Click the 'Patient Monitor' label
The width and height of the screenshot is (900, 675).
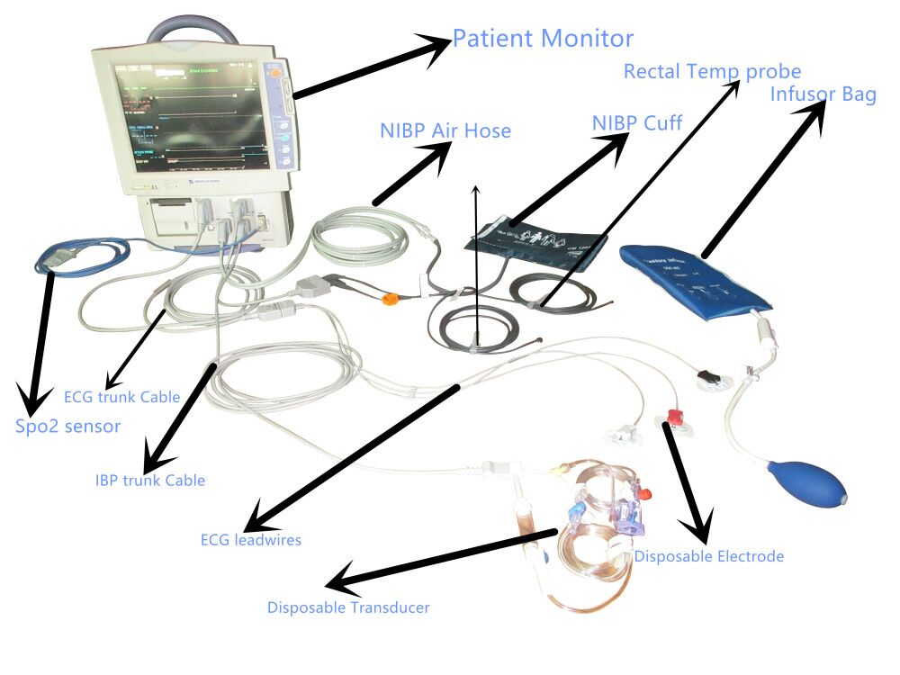tap(543, 39)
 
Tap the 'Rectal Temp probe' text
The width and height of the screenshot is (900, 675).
tap(712, 71)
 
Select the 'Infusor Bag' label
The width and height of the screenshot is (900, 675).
tap(823, 94)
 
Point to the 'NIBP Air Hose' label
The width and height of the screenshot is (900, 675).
tap(445, 131)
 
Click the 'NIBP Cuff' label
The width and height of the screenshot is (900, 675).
tap(637, 122)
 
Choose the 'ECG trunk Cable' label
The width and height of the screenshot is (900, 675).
tap(121, 397)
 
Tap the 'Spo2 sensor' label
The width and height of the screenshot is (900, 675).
tap(67, 427)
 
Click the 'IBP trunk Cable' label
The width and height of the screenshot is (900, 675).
tap(150, 481)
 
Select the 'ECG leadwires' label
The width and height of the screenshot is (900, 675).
tap(251, 540)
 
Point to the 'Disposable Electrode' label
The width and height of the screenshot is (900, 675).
tap(709, 556)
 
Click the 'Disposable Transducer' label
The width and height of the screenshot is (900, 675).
tap(348, 607)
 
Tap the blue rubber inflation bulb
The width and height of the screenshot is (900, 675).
tap(813, 486)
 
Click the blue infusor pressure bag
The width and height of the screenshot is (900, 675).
tap(697, 275)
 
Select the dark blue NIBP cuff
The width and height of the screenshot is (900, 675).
tap(540, 241)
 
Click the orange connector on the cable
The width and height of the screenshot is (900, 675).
tap(390, 299)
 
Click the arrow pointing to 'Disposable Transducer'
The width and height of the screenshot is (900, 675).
tap(441, 557)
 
